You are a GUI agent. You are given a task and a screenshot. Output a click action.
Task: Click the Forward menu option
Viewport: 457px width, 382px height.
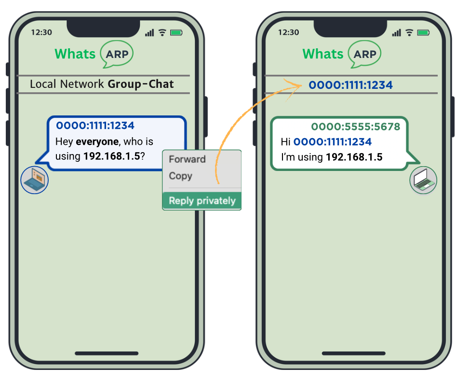tap(187, 159)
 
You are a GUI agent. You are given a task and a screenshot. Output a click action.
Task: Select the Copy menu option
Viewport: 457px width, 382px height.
tap(180, 176)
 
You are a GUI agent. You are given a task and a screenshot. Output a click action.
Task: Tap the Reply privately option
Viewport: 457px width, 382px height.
tap(202, 201)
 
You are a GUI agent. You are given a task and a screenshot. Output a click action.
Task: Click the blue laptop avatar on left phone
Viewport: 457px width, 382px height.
tap(35, 181)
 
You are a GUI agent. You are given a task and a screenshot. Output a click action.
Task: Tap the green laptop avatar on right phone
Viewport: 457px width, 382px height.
tap(423, 181)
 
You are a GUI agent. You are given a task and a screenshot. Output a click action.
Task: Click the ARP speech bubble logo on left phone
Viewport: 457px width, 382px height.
tap(117, 54)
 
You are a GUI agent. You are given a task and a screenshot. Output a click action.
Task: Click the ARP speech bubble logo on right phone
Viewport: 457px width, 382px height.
tap(364, 54)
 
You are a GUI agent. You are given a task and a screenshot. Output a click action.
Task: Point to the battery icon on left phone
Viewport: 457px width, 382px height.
tap(176, 32)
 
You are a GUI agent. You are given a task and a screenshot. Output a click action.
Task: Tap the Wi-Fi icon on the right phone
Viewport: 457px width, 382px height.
tap(409, 32)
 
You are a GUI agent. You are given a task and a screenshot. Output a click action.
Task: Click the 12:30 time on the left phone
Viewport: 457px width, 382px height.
tap(41, 32)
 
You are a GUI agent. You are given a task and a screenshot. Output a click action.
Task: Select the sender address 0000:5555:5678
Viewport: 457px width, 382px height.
tap(355, 127)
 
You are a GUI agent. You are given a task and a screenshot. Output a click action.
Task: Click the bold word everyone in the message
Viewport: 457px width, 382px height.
tap(97, 141)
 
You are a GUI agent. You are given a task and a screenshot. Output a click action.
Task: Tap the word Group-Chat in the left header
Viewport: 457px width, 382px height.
tap(140, 84)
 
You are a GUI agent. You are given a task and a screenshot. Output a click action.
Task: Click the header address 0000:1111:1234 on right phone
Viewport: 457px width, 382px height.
tap(350, 85)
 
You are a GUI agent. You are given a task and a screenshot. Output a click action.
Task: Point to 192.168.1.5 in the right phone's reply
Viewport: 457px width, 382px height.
tap(354, 157)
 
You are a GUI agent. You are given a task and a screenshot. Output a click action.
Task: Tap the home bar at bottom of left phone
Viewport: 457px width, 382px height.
tap(107, 354)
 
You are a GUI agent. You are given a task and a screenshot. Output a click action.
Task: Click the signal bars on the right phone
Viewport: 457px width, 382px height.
tap(396, 32)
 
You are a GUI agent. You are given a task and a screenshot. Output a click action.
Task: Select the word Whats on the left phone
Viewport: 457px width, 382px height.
tap(75, 54)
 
